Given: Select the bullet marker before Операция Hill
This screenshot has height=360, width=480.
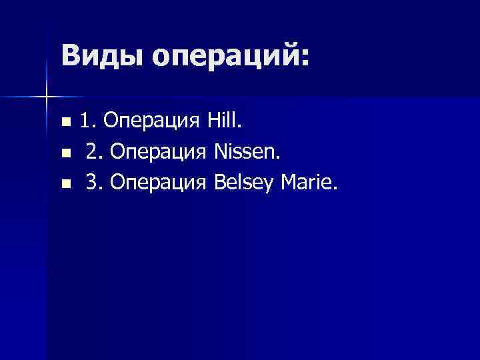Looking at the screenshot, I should click(x=65, y=122).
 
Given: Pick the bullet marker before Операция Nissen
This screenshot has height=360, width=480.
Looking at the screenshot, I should click(x=65, y=153).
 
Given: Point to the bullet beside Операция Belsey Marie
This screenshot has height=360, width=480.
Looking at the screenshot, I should click(x=65, y=183).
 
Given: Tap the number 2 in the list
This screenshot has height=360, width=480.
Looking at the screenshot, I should click(x=92, y=152).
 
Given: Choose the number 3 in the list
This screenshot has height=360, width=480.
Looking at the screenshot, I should click(x=92, y=183).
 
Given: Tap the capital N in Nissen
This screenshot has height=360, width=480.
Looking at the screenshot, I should click(x=221, y=152).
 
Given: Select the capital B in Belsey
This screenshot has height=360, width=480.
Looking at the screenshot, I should click(x=220, y=183).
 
